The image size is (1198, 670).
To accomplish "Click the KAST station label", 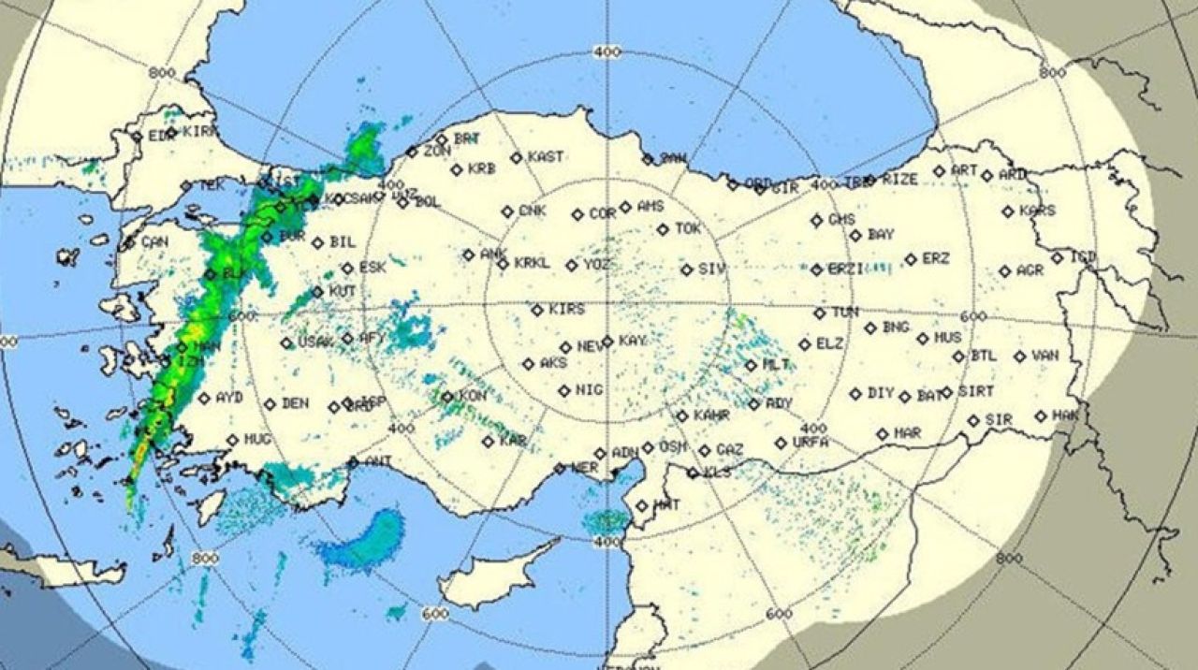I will [546, 157].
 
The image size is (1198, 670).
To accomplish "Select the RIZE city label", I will [900, 179].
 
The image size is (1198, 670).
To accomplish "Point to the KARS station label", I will [1037, 211].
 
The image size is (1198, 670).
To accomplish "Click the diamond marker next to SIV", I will [687, 269].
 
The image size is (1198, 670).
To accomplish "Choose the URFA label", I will [811, 442].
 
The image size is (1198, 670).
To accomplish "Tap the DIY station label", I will [881, 393].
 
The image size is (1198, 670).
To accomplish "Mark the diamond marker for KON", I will [447, 398].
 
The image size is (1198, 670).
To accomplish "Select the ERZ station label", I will [936, 258].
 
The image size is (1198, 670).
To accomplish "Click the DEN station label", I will [295, 403].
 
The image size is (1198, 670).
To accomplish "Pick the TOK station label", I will [688, 227].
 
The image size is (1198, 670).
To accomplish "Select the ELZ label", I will [829, 343].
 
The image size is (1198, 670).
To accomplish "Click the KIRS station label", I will [567, 309].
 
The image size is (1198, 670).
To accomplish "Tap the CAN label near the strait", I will [154, 241].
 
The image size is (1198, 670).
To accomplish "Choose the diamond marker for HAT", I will [641, 506].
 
